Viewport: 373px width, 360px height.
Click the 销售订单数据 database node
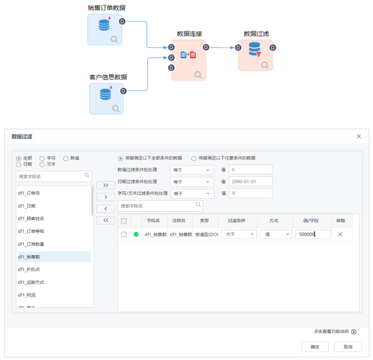click(x=105, y=29)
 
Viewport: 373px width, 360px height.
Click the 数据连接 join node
click(x=188, y=59)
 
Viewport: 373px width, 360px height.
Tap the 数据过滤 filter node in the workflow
click(x=255, y=55)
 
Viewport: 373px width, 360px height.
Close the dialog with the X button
click(x=359, y=136)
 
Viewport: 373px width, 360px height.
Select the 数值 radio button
click(x=66, y=158)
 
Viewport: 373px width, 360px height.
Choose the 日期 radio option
click(x=19, y=164)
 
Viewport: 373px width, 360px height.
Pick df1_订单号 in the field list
click(x=29, y=193)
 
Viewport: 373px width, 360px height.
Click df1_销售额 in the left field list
click(x=29, y=257)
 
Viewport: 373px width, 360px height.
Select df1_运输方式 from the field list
click(x=31, y=282)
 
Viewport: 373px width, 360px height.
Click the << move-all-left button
click(x=105, y=220)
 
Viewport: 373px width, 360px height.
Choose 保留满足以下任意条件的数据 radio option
click(x=194, y=158)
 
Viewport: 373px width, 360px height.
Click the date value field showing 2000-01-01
click(x=250, y=181)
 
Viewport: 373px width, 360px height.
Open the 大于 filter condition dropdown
click(x=238, y=234)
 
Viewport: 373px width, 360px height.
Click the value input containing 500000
click(x=312, y=234)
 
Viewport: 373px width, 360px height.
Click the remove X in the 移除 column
click(x=340, y=234)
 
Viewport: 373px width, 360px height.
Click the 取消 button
click(x=348, y=347)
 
